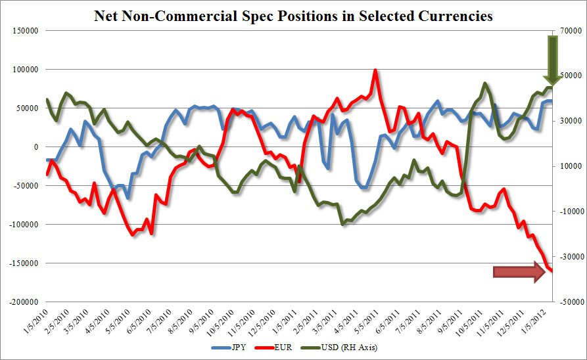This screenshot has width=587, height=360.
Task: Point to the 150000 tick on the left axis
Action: [23, 30]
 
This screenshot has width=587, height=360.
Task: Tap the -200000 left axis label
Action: [22, 302]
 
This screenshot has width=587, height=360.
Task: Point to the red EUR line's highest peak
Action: [375, 70]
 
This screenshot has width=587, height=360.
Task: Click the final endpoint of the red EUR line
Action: [552, 270]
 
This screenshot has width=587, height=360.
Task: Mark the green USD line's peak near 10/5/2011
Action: [484, 83]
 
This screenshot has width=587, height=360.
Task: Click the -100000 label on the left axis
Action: [22, 224]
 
